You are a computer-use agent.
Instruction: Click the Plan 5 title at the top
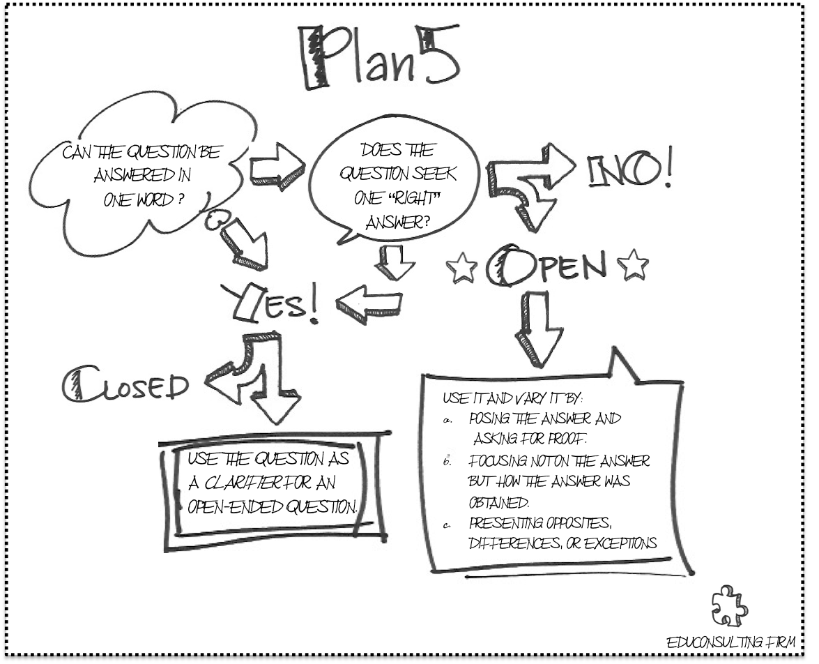[380, 59]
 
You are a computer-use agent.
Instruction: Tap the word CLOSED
[125, 384]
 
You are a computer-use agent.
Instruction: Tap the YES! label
[271, 302]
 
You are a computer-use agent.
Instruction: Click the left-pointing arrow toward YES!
[369, 301]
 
